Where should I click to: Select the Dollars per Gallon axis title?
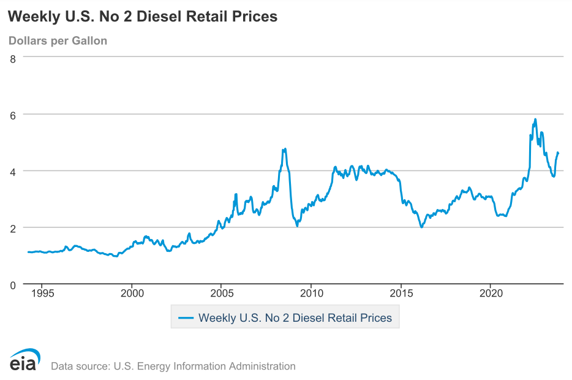point(58,41)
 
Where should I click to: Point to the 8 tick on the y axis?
point(12,59)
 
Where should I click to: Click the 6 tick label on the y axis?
point(12,115)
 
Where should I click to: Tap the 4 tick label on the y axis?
point(12,171)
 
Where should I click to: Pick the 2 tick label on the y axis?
point(12,228)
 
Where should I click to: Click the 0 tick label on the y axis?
point(12,284)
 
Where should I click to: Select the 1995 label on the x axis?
point(42,292)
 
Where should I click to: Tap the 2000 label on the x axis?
point(132,292)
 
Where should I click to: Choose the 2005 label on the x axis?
point(222,292)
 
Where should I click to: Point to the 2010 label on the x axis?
point(311,292)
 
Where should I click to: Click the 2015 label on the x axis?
point(401,292)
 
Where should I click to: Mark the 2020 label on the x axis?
point(491,292)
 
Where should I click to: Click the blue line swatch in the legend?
point(186,318)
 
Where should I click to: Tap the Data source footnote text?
point(173,366)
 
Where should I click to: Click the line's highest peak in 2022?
point(535,120)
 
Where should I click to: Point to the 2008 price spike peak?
point(285,149)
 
